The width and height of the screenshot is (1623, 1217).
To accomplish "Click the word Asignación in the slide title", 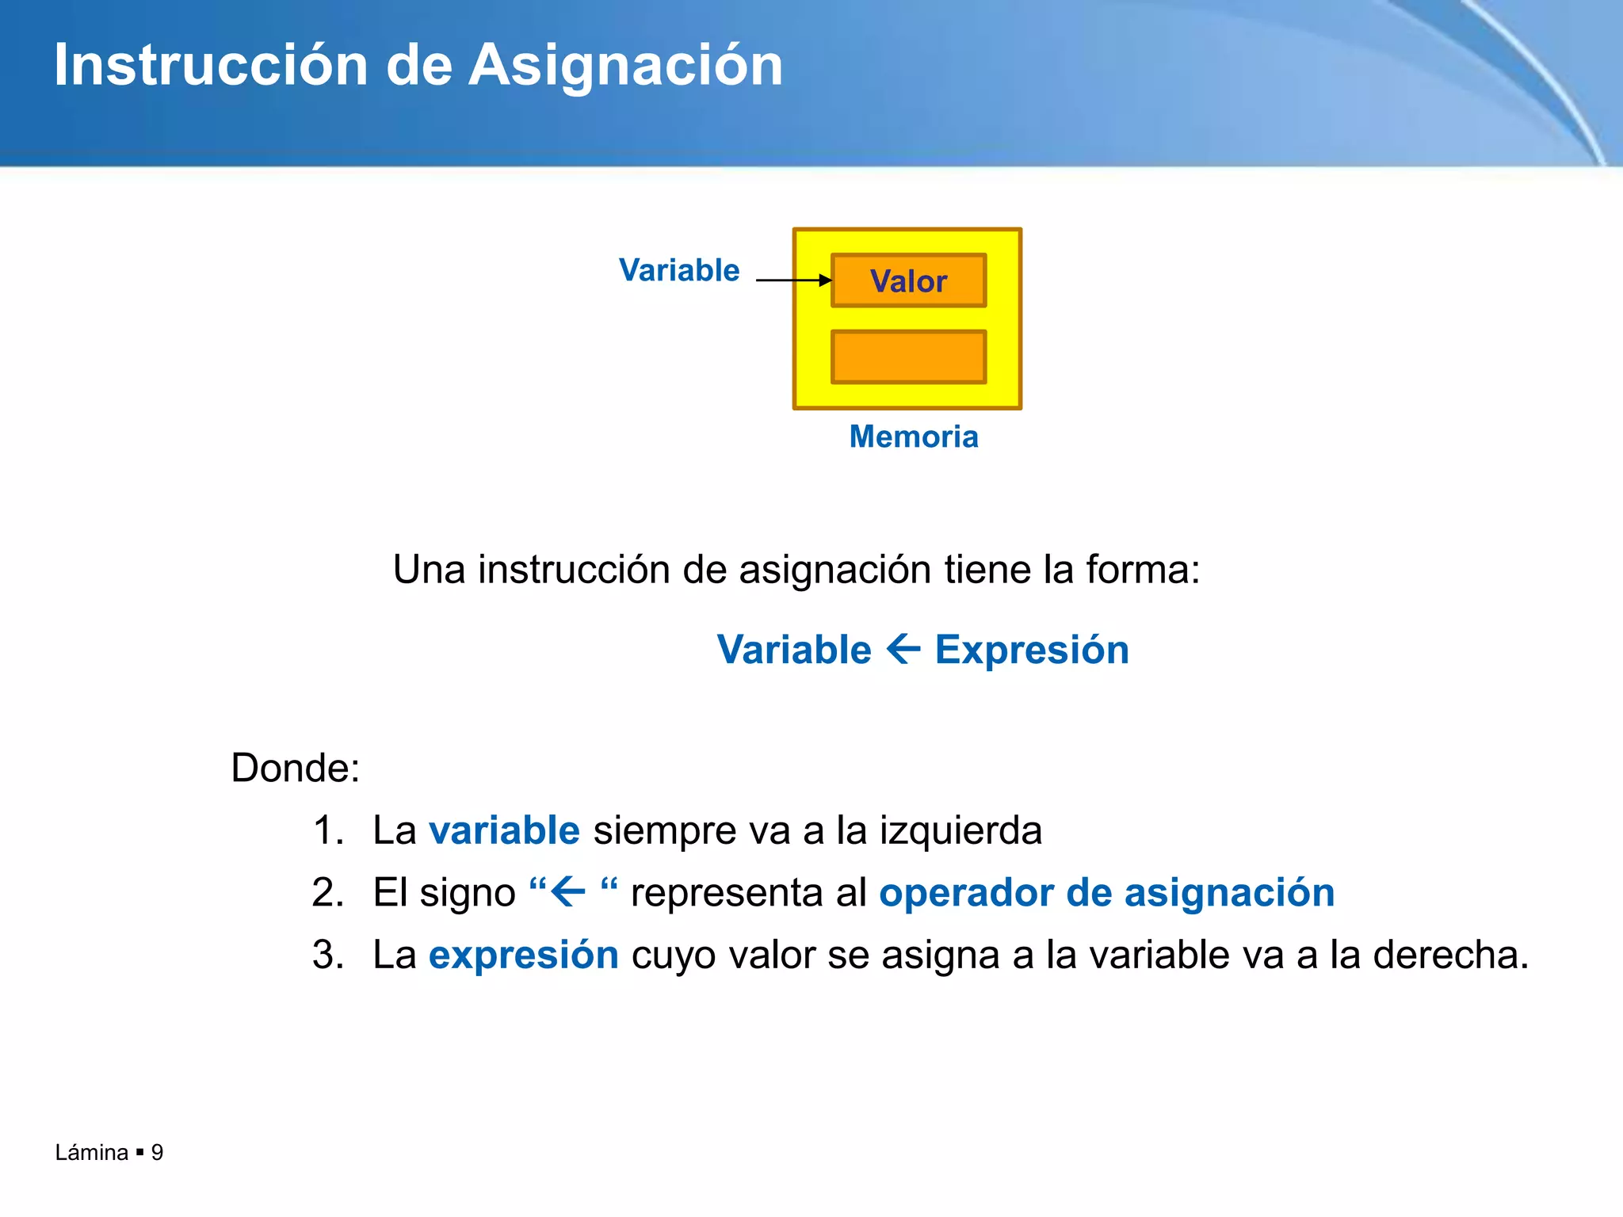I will click(x=625, y=65).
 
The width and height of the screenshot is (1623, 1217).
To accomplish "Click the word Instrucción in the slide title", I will click(x=211, y=65).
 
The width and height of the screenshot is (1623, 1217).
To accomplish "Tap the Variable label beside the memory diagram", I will click(x=679, y=270).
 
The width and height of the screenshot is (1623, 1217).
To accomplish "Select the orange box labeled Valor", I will click(x=908, y=280).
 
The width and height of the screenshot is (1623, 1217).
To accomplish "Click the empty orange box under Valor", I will click(x=908, y=357).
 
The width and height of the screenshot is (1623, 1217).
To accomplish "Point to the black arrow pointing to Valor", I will click(x=793, y=280).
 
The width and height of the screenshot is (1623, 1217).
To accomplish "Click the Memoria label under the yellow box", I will click(x=914, y=437).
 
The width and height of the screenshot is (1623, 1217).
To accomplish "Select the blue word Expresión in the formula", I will click(x=1032, y=650).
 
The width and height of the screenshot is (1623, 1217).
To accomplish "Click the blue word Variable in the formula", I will click(x=794, y=650).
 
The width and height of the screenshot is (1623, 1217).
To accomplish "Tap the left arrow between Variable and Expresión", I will click(x=903, y=650).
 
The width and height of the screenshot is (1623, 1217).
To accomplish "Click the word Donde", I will click(x=295, y=768).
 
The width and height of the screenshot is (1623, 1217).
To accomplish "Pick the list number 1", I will click(x=327, y=830).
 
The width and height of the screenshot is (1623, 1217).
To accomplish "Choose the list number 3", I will click(x=327, y=955).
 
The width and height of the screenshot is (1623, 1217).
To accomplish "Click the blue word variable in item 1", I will click(x=504, y=830).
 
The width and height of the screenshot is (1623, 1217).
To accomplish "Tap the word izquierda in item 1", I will click(x=960, y=830).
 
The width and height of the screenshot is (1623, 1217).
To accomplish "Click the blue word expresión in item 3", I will click(x=523, y=955).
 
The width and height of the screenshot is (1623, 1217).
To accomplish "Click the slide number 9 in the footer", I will click(x=157, y=1152).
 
